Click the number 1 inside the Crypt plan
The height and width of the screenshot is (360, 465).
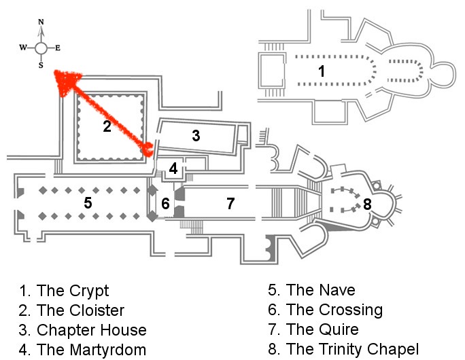(322, 70)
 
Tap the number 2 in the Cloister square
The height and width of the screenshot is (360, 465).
(107, 126)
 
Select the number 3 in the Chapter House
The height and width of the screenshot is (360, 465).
(196, 135)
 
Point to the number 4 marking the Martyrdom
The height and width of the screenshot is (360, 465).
(174, 168)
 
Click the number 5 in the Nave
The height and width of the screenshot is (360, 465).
(88, 202)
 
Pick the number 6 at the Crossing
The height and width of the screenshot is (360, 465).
(165, 202)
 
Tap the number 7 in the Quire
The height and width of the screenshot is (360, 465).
(230, 202)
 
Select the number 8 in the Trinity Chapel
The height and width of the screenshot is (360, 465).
(368, 203)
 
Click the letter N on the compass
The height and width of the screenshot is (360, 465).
(41, 22)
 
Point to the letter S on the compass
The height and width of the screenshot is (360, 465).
(41, 66)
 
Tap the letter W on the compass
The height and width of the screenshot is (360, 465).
(22, 48)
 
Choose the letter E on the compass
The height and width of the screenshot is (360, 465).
(58, 48)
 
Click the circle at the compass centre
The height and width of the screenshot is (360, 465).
(41, 48)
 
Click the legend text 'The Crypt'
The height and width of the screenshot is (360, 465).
(73, 291)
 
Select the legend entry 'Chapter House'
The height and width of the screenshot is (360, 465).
(92, 330)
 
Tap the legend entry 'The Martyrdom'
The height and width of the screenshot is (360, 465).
(92, 350)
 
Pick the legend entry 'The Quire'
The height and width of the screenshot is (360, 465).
(322, 330)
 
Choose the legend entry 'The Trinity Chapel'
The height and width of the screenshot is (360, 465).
(353, 350)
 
